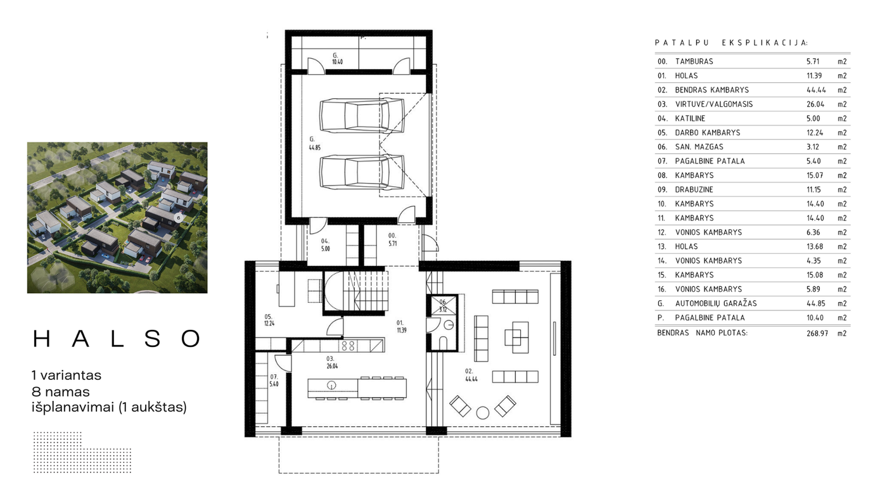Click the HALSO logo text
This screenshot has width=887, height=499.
tap(117, 339)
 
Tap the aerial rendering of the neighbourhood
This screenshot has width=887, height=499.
tap(117, 218)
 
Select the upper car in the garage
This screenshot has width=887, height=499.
tap(362, 115)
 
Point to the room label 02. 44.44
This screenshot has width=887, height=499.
tap(471, 375)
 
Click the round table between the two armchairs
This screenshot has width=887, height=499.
tap(482, 413)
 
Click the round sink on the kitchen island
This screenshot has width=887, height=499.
tap(331, 385)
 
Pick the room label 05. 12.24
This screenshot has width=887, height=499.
tap(269, 320)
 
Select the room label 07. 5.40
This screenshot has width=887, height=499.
tap(274, 381)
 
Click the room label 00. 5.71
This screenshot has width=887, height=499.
tap(392, 239)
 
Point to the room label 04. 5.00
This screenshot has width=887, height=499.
tap(325, 245)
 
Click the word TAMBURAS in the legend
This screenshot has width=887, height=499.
tap(694, 61)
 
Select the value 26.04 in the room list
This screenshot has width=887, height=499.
tap(815, 104)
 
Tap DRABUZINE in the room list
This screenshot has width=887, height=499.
tap(694, 189)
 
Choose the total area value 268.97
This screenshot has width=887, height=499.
tap(817, 333)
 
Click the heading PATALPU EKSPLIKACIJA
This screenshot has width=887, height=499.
tap(731, 42)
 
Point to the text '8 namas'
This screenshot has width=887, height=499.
tap(61, 392)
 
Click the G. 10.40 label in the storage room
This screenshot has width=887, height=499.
tap(337, 58)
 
